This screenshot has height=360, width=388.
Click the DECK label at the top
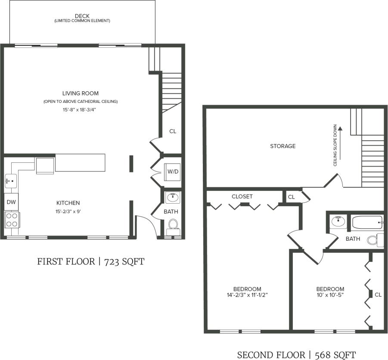(82, 16)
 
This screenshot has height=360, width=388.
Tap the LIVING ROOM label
(81, 93)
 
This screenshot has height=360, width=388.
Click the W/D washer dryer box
(173, 171)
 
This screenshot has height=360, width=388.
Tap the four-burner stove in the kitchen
(12, 219)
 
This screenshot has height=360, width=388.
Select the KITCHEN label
(68, 203)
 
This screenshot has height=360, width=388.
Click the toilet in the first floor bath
(173, 225)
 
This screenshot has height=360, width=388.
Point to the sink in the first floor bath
(173, 198)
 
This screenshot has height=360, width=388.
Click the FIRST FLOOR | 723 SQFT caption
(90, 261)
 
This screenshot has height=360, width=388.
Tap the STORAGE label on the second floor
(282, 146)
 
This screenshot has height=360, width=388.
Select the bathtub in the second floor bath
(367, 223)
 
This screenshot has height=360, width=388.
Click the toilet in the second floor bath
(374, 240)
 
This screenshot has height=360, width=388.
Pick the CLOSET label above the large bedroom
(242, 196)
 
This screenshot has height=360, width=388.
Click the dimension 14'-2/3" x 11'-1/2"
(247, 295)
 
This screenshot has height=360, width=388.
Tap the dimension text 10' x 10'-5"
(330, 295)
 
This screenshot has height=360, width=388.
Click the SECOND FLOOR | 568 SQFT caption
(296, 355)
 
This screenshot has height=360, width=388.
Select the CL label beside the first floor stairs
(173, 131)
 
